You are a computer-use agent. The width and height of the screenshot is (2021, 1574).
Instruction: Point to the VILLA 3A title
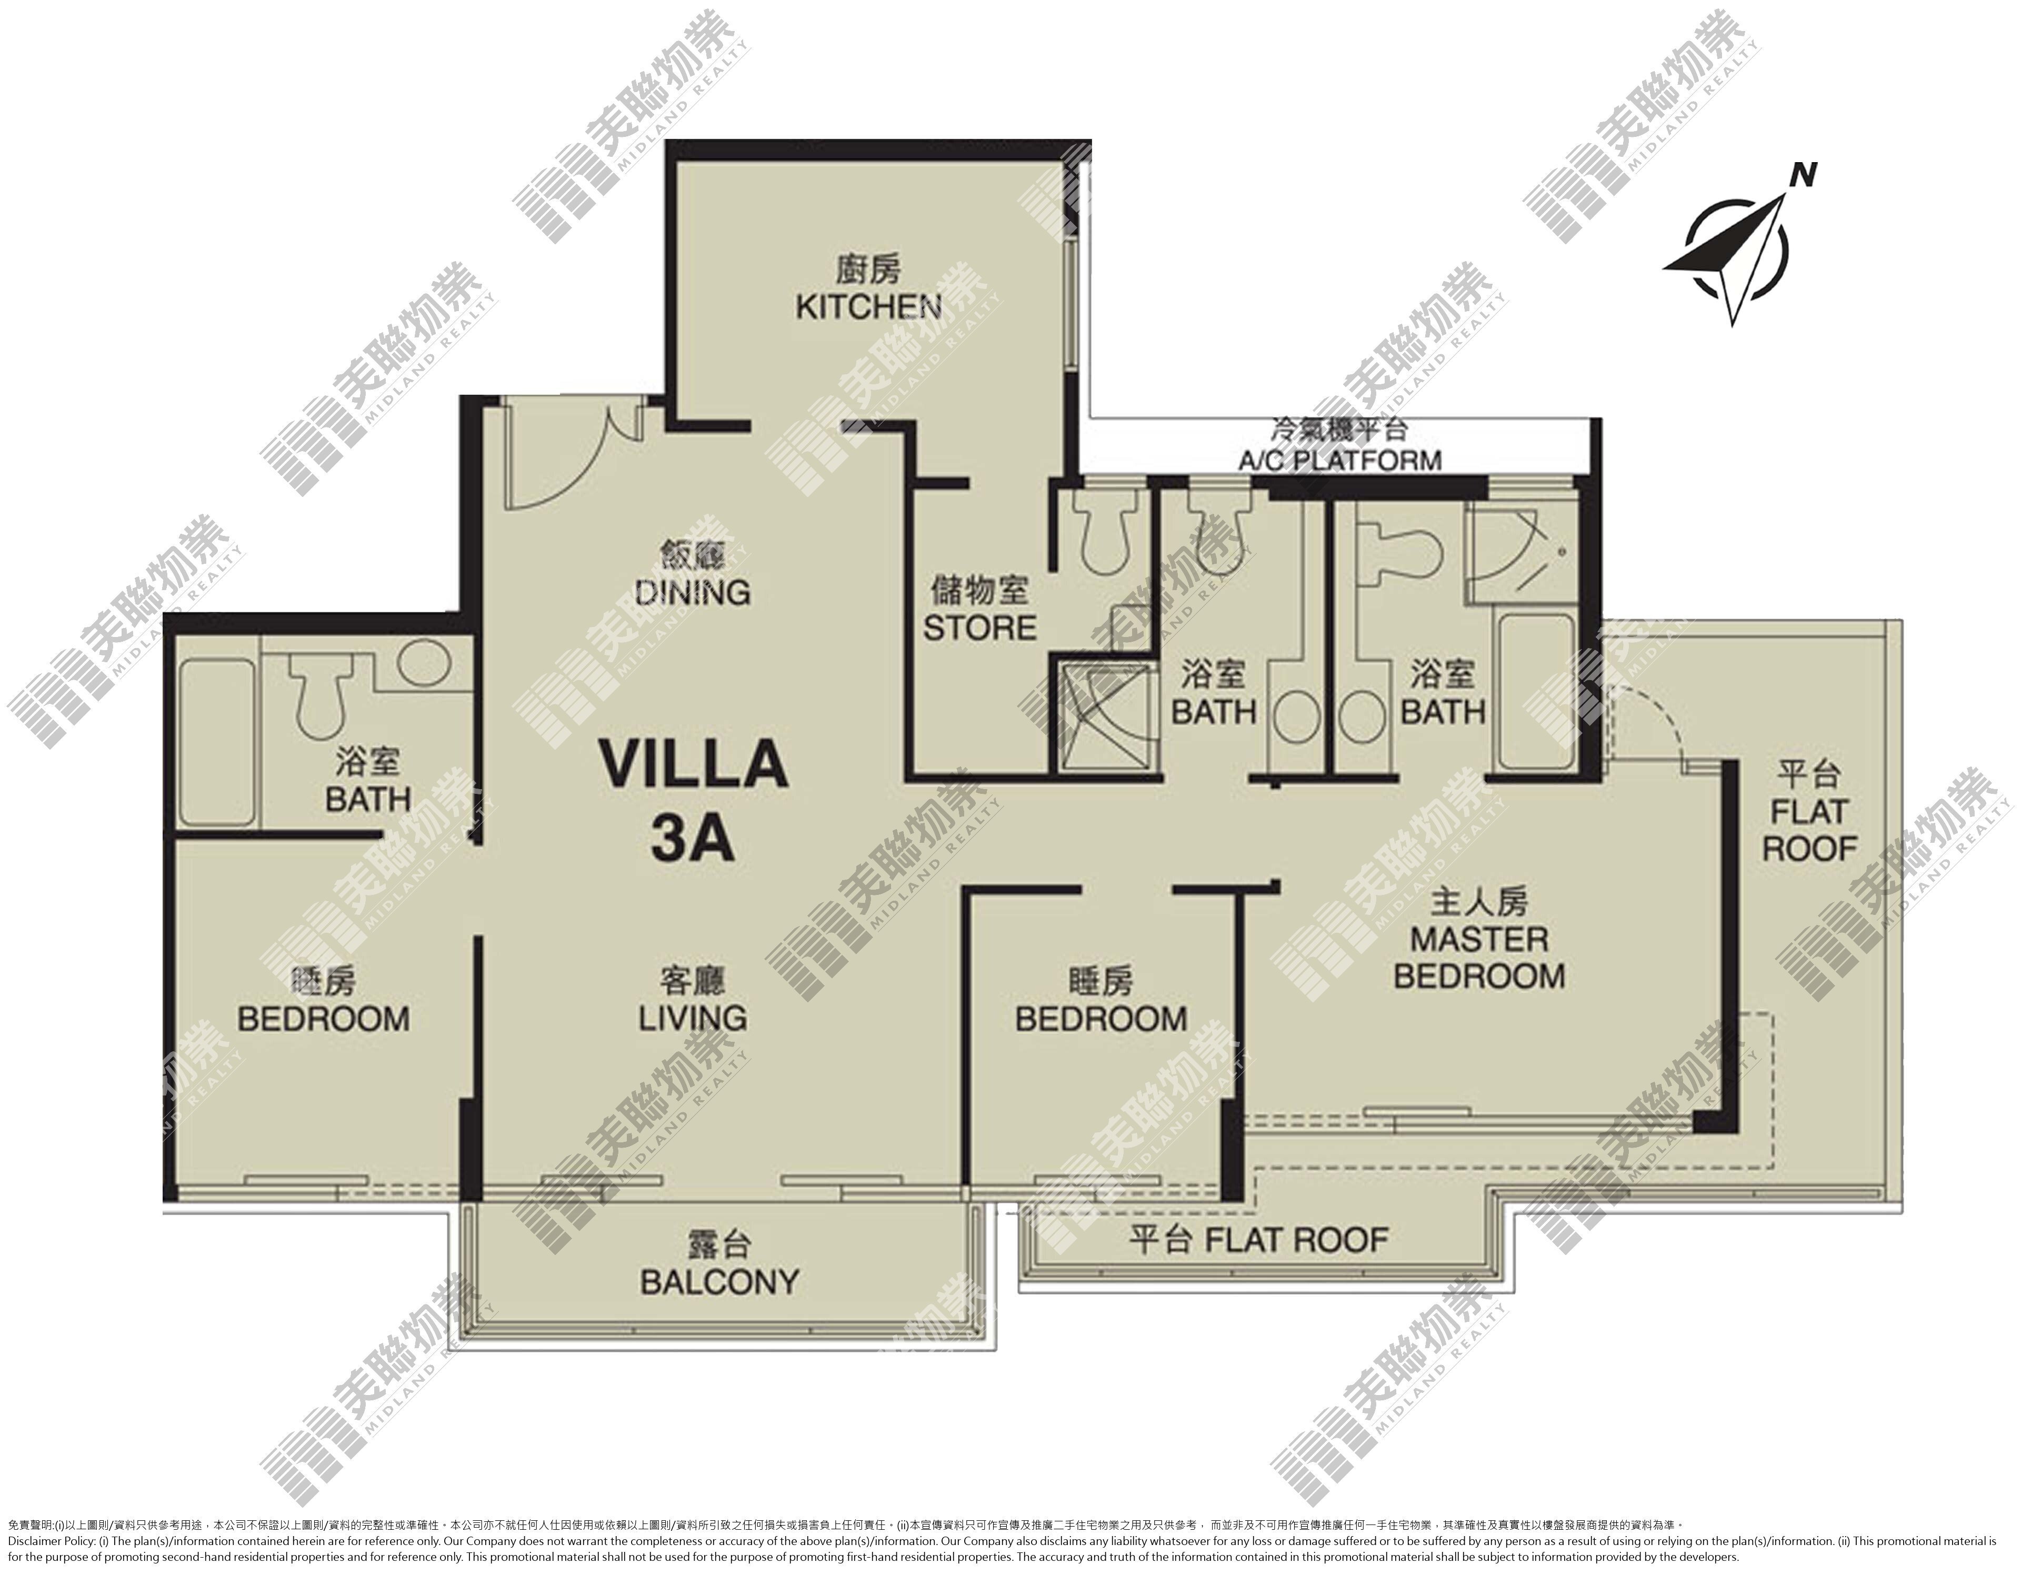[x=693, y=800]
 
